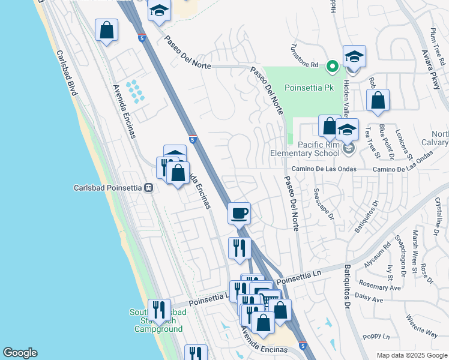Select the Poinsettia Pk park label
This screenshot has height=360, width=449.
[308, 88]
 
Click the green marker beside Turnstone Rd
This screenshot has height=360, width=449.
[331, 67]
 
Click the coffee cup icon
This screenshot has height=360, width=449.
[239, 213]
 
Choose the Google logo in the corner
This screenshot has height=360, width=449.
[20, 353]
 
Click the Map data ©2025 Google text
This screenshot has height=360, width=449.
[412, 355]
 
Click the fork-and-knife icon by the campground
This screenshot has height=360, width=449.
[158, 310]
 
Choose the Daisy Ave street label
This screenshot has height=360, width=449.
[370, 298]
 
